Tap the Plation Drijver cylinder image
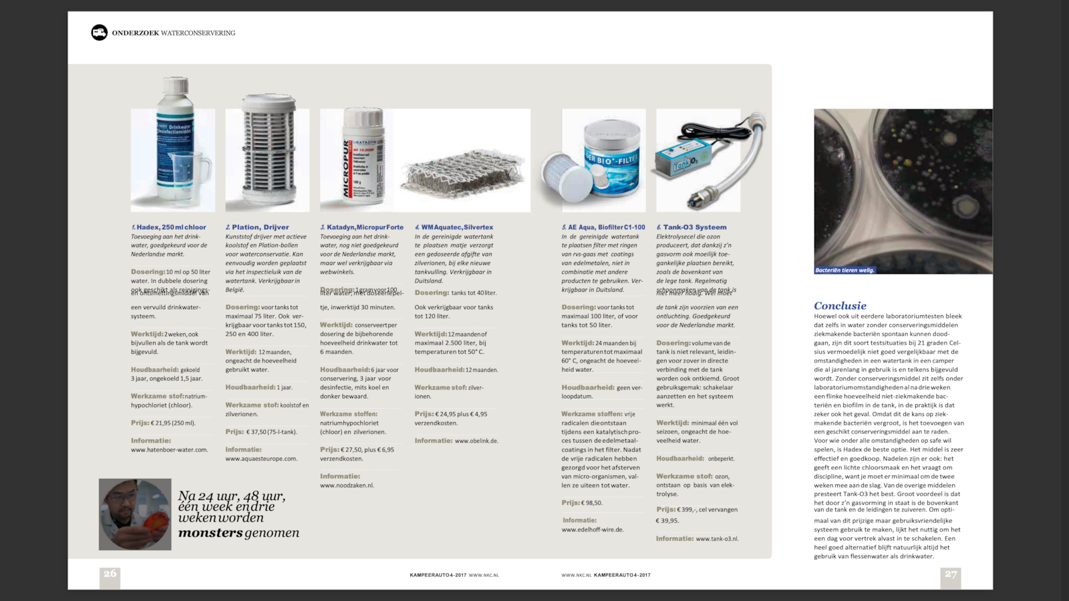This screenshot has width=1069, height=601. click(267, 154)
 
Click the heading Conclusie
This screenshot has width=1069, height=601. click(840, 306)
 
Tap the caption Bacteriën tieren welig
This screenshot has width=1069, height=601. click(845, 270)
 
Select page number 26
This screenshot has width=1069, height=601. click(110, 574)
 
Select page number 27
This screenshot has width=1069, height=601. click(951, 574)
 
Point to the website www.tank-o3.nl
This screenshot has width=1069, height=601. click(717, 539)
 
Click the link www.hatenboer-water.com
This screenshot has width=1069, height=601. click(169, 450)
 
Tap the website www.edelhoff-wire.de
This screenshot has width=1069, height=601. click(592, 530)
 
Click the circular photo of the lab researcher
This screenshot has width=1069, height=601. click(135, 514)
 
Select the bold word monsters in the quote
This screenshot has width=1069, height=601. click(210, 533)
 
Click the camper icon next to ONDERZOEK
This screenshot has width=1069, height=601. click(99, 32)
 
